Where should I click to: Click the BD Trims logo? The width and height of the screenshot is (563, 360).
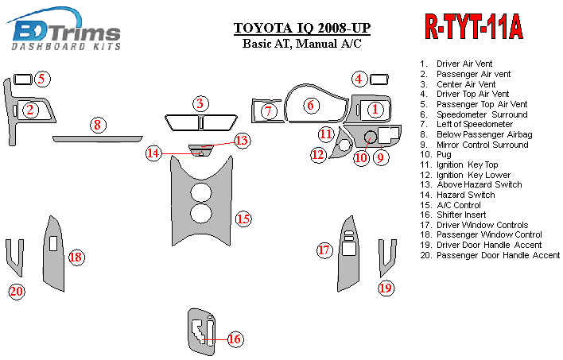click(67, 33)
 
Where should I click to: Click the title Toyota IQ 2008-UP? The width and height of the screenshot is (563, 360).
click(301, 29)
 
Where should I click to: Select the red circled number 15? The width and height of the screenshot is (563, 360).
click(243, 218)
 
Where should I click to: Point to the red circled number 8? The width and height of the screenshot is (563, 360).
click(97, 125)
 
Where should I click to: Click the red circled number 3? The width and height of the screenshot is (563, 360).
click(201, 103)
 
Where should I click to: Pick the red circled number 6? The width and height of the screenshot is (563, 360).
click(312, 105)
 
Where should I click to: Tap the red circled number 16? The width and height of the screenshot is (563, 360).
click(235, 339)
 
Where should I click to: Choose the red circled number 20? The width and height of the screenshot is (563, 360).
click(17, 292)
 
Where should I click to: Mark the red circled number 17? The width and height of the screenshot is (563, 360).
click(324, 251)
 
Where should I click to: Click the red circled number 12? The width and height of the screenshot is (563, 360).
click(318, 154)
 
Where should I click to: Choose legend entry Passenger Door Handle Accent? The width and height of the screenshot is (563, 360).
click(498, 255)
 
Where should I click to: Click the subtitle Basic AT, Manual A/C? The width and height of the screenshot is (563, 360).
click(301, 44)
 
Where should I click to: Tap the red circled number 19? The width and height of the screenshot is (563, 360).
click(386, 288)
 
